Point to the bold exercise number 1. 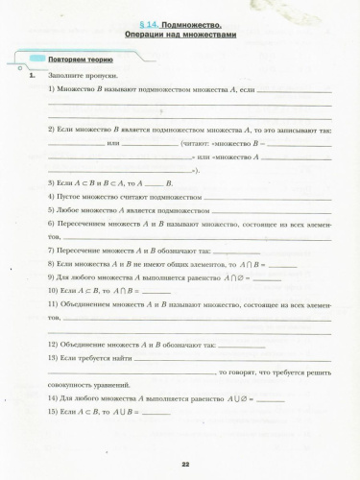(x=33, y=75)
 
